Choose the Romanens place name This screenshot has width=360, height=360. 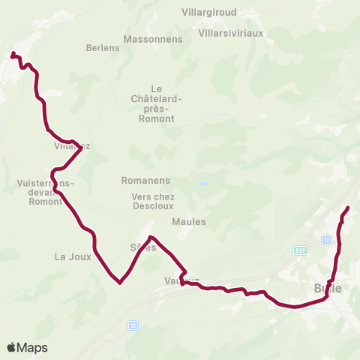[x=145, y=181]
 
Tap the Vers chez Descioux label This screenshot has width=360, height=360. [x=152, y=201]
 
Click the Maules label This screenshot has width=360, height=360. [x=188, y=221]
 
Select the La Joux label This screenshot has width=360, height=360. [x=73, y=256]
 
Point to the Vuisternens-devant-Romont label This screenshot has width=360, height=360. [x=45, y=192]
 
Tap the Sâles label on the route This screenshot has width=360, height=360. [x=142, y=247]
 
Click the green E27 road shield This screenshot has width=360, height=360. [x=301, y=250]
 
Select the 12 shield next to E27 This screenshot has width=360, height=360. [x=326, y=239]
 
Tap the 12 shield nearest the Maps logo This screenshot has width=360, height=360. [x=133, y=325]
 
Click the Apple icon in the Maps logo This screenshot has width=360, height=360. [x=12, y=347]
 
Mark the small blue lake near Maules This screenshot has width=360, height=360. [x=203, y=183]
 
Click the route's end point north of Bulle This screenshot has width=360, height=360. [x=348, y=207]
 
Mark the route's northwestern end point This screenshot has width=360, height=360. [x=13, y=53]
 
